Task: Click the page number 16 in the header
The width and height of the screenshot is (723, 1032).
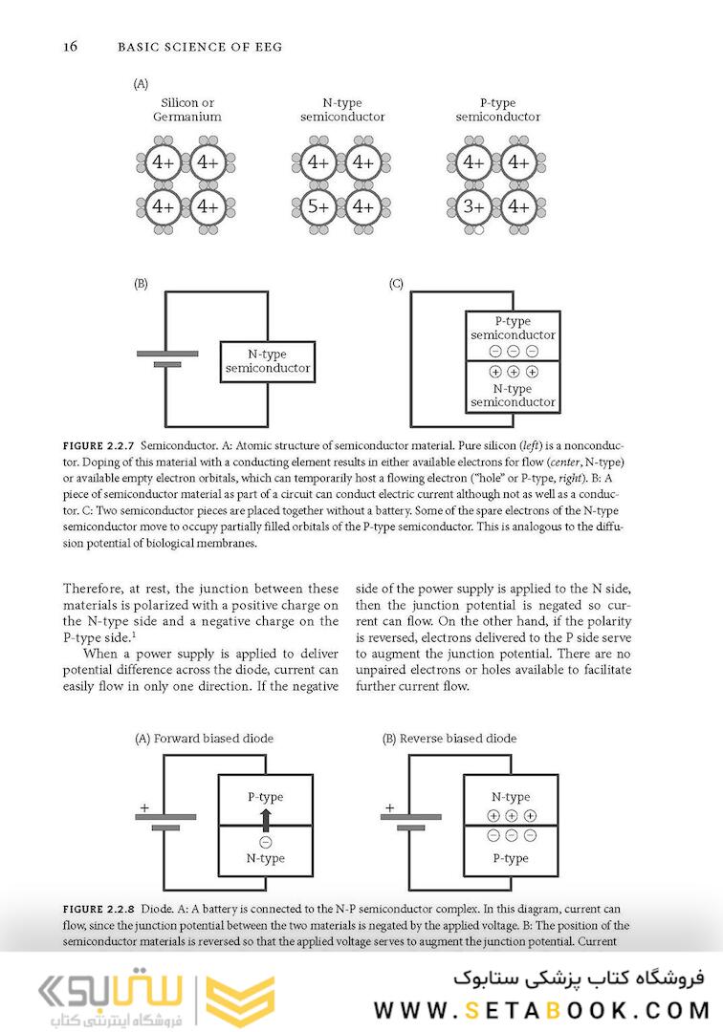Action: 70,46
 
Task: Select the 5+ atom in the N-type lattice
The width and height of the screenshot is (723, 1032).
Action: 318,205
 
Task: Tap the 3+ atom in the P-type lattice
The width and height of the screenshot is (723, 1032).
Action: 473,205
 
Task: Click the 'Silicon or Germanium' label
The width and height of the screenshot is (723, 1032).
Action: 187,110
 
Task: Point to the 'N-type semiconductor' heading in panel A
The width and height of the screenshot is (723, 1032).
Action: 342,110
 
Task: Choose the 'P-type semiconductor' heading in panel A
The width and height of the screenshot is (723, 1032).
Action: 497,110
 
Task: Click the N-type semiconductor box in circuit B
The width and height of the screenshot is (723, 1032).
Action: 267,361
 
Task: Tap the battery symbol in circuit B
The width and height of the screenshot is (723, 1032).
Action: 167,358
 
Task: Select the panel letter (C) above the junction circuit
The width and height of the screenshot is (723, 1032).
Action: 396,284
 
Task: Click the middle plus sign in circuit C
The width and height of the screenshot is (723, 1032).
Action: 513,372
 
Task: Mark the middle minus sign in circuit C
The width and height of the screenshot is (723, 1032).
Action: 513,351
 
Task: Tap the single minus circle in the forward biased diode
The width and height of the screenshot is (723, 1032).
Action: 265,842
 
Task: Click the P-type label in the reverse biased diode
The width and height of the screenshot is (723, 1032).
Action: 511,858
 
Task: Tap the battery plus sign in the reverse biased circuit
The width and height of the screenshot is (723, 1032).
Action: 389,808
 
